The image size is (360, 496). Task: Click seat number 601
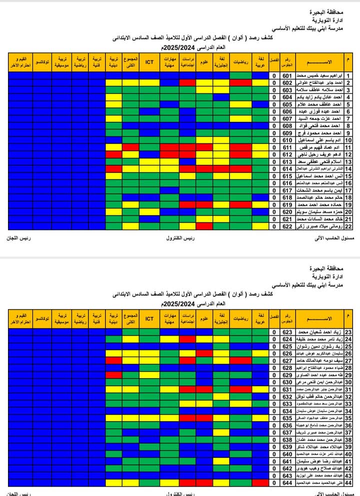tap(287, 75)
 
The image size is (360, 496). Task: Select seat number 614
tap(287, 169)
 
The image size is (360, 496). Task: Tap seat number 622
tap(287, 226)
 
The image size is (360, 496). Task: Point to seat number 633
tap(287, 404)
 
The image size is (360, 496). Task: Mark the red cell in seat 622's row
tap(204, 226)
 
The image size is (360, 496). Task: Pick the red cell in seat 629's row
tap(113, 375)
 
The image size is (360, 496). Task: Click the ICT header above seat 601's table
tap(149, 62)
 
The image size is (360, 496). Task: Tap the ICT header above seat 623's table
tap(149, 318)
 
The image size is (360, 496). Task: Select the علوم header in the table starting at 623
tap(204, 318)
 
